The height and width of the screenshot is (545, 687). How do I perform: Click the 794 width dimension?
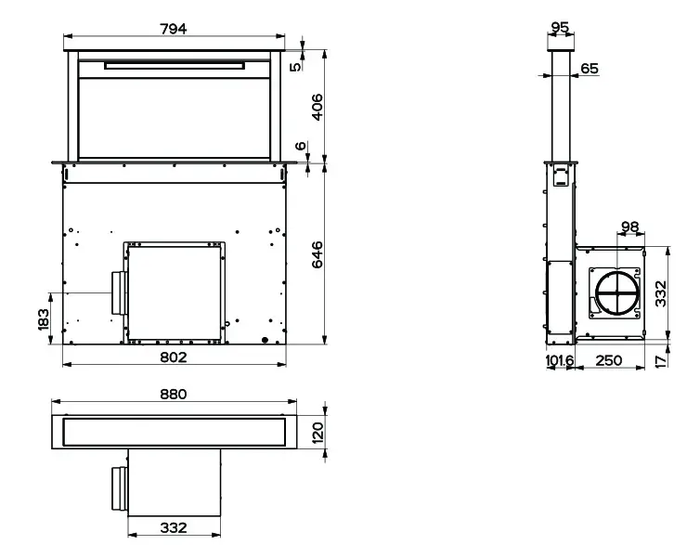(173, 29)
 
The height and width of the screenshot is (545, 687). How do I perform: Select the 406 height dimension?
(317, 107)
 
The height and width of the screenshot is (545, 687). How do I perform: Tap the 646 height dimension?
(317, 254)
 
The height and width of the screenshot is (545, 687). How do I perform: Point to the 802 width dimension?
(174, 357)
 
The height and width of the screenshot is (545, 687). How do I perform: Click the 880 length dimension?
(173, 394)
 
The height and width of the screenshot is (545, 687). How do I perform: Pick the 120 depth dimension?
(317, 434)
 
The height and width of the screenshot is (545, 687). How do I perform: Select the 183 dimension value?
(44, 319)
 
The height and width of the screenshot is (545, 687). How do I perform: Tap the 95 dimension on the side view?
(560, 28)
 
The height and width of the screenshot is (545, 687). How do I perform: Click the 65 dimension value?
(590, 69)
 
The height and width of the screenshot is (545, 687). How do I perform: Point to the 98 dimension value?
(603, 227)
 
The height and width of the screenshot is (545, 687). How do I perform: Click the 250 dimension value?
(608, 360)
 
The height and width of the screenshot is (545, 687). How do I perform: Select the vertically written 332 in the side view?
(660, 293)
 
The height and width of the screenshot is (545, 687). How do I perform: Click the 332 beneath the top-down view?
(174, 527)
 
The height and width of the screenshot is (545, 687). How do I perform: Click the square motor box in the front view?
(174, 291)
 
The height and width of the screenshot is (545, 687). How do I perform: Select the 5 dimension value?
(296, 65)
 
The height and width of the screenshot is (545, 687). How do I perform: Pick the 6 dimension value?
(299, 146)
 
